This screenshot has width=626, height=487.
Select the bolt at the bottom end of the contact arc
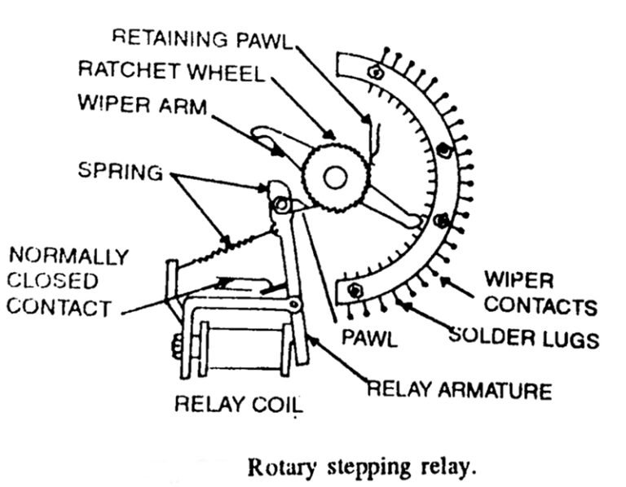pyautogui.click(x=355, y=290)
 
